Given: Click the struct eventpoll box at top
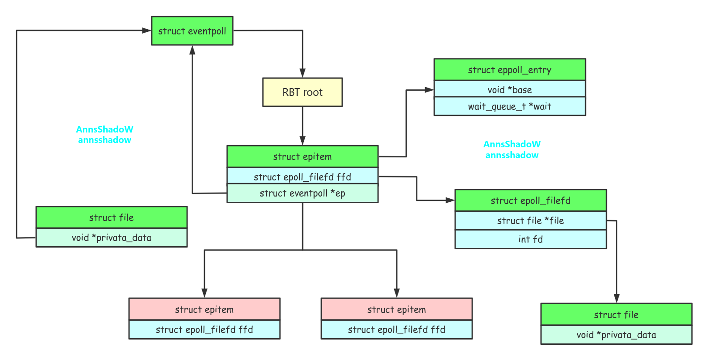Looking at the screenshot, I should coord(192,31).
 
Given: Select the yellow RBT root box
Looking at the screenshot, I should coord(302,92).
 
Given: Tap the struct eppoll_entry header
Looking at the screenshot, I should coord(509,70).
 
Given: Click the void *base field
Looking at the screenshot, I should coord(509,90).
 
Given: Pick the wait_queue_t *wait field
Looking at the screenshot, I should coord(509,106).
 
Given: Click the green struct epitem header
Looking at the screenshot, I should coord(302,156).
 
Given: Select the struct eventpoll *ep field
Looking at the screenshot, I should coord(302,194).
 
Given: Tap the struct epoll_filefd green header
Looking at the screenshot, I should coord(530,200).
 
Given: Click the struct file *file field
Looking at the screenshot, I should coord(530,221).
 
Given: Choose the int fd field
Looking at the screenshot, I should coord(530,239).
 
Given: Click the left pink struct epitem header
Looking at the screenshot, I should coord(204,309).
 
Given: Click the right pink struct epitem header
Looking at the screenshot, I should coord(396,309).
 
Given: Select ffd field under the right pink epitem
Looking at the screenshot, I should coord(396,329).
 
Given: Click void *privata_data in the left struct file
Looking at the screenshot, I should coord(111,238).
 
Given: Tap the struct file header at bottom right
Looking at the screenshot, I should coord(616,315).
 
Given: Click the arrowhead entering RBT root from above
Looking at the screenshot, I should coord(302,73).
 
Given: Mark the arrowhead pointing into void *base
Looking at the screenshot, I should coord(429,90).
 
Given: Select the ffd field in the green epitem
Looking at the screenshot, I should coord(302,177).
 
